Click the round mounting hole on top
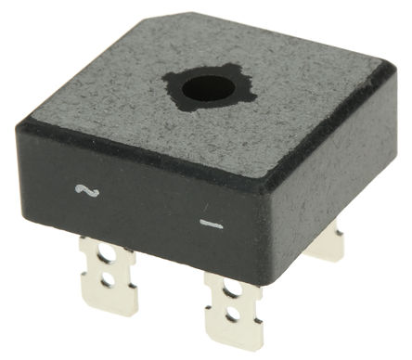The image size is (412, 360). click(208, 89)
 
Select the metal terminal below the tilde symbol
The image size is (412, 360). click(107, 274)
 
